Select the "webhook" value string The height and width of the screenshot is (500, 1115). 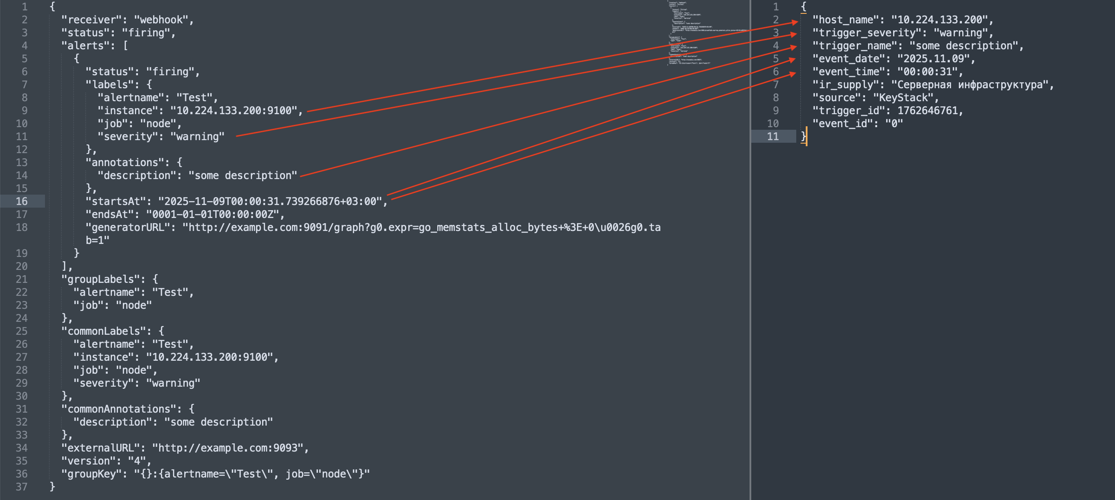pos(161,20)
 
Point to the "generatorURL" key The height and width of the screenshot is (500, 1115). pos(131,228)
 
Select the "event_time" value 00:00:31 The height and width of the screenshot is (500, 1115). pos(927,72)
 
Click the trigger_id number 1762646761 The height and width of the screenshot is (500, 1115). pos(927,111)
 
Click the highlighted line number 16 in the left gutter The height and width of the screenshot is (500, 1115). pos(22,202)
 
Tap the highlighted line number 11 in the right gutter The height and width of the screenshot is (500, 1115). pos(772,137)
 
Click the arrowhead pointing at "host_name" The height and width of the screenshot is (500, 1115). pos(794,22)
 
